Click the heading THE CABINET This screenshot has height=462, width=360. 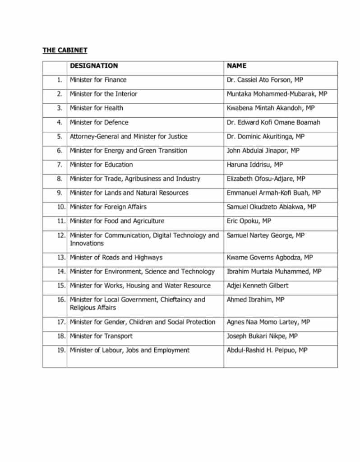[65, 50]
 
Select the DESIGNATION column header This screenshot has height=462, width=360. [94, 66]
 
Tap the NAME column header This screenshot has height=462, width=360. [236, 66]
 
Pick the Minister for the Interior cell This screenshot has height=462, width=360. [103, 94]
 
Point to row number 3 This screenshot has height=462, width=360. [59, 108]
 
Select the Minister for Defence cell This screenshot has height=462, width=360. [99, 122]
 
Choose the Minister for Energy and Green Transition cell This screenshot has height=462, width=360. [128, 150]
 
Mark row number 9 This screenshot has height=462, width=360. [59, 193]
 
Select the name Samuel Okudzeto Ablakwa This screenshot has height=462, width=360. [271, 207]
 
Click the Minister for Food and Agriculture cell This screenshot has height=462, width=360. [117, 221]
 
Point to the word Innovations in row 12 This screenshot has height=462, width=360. [87, 243]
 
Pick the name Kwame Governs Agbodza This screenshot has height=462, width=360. [270, 258]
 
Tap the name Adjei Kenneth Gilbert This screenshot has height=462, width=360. [257, 286]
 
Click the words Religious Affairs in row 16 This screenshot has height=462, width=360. [92, 308]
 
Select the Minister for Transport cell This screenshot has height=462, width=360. [101, 336]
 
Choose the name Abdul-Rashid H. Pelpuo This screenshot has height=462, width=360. [267, 350]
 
